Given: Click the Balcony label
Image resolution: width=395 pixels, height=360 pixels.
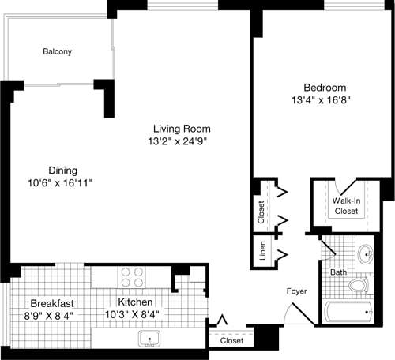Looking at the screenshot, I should pos(57,52).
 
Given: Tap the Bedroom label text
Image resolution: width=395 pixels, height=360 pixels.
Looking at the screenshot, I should pos(325,88).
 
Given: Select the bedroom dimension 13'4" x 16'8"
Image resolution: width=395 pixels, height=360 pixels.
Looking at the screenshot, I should pos(325,101).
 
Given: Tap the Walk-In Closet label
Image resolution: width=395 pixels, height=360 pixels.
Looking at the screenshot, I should pos(345,207).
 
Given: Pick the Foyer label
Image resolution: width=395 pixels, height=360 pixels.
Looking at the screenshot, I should pos(297,292).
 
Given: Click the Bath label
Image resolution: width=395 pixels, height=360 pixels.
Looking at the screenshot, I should pos(338,272).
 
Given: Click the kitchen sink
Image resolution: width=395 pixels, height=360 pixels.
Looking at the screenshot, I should pos(149,340).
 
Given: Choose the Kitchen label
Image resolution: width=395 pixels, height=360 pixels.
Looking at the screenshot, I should pos(139,302).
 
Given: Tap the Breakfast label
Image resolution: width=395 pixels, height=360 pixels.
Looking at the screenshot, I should pos(52,303).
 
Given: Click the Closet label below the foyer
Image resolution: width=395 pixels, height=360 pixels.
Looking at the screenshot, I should pos(231,341).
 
